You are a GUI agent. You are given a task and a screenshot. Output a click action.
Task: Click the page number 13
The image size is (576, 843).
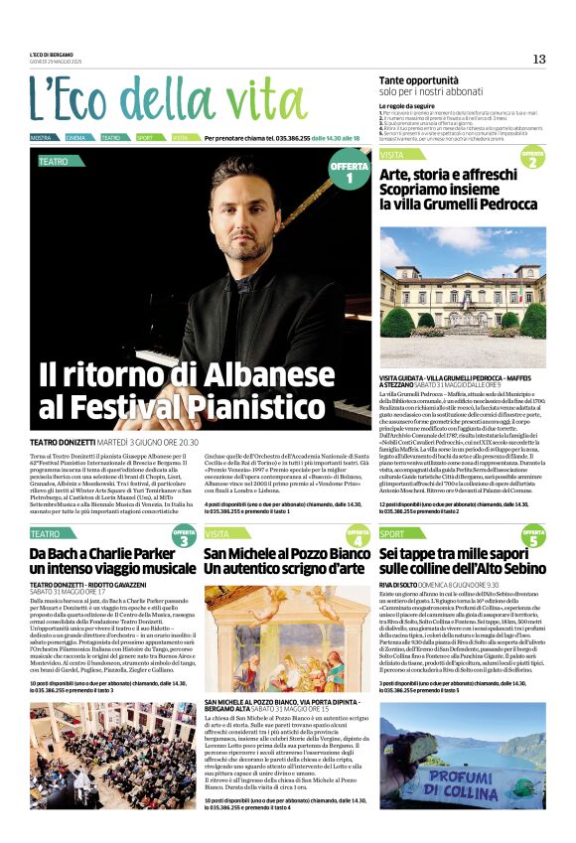pyautogui.click(x=539, y=59)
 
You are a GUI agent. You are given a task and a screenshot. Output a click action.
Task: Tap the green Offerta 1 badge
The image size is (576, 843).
pyautogui.click(x=349, y=173)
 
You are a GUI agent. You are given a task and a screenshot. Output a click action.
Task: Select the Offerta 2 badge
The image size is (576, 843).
pyautogui.click(x=532, y=158)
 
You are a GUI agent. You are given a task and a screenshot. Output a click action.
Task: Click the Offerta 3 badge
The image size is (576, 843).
pyautogui.click(x=185, y=537)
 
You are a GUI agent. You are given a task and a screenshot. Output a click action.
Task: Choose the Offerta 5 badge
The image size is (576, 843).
pyautogui.click(x=532, y=537)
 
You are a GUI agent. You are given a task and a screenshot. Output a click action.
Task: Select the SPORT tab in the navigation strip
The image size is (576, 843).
pyautogui.click(x=145, y=138)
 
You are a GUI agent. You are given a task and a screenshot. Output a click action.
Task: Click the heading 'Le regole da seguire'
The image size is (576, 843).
pyautogui.click(x=406, y=105)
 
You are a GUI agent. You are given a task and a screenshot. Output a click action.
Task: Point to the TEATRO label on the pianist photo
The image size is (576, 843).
pyautogui.click(x=54, y=160)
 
